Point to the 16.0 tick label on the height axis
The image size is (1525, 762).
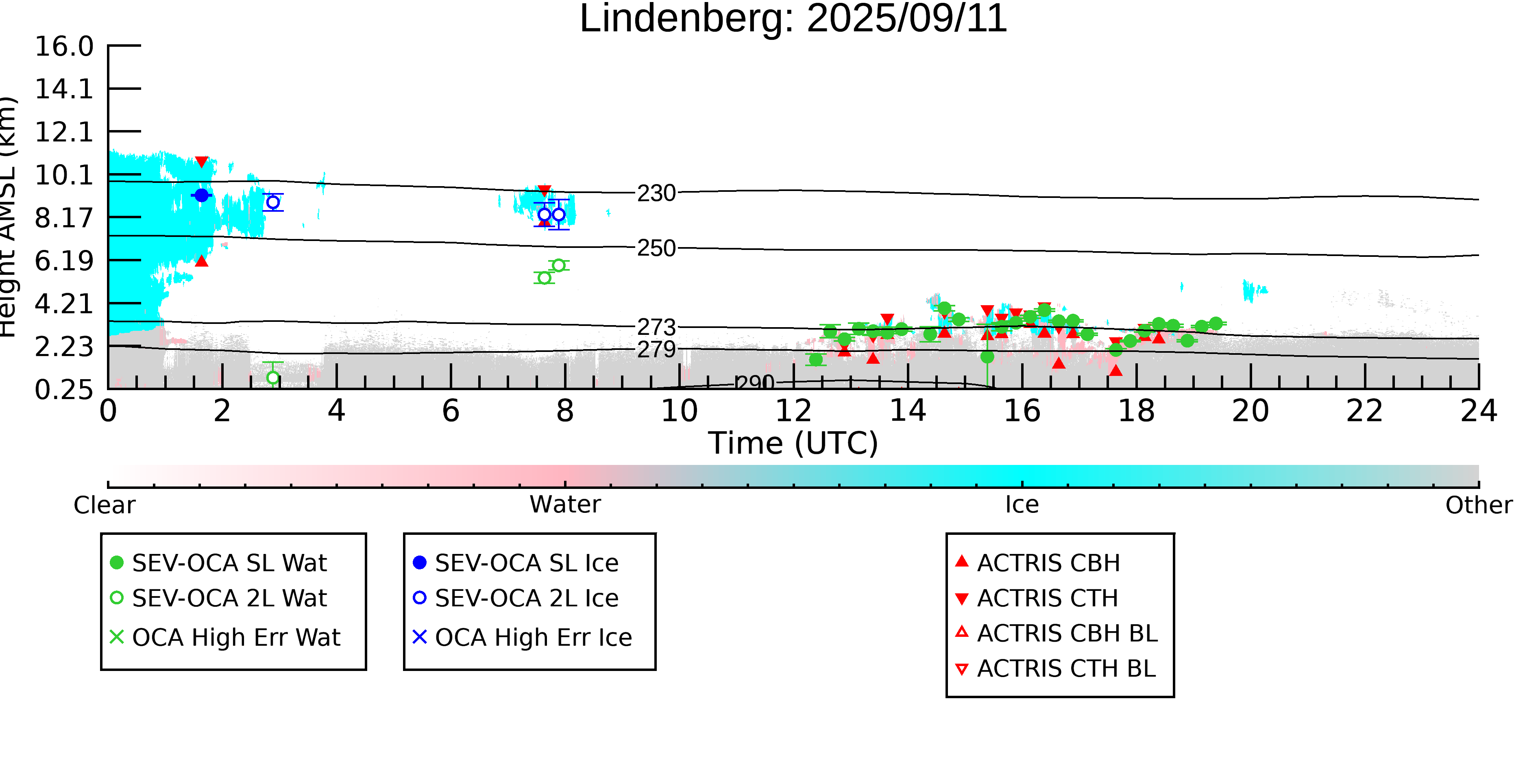(64, 46)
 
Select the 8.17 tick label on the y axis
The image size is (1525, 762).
(64, 218)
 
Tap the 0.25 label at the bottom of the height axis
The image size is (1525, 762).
(64, 389)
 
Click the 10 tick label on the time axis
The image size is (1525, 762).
(679, 410)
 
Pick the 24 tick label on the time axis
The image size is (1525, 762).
(1478, 410)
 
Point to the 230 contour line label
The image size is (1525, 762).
(656, 193)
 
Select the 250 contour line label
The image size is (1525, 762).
(656, 248)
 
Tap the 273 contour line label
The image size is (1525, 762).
(656, 327)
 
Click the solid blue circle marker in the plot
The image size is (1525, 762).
(202, 195)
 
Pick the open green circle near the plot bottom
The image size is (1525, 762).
(273, 378)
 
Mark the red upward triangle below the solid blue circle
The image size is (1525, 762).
(202, 261)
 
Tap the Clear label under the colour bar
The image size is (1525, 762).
(104, 505)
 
